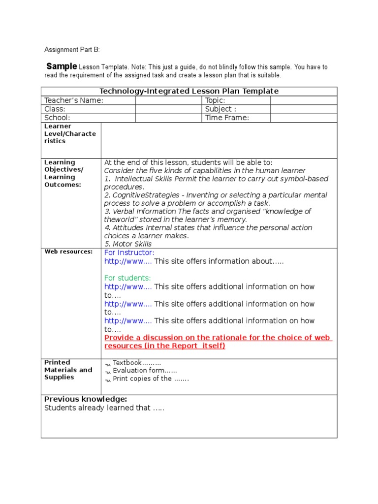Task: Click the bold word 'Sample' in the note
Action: pos(62,66)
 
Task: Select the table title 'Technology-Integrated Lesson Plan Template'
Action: pos(189,91)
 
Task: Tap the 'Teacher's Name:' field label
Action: pos(74,100)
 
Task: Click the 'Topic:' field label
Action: pos(215,100)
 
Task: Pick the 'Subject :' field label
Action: pos(220,109)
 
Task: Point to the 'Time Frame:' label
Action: pos(227,118)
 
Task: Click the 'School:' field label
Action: pos(58,118)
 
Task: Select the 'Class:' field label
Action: pos(55,109)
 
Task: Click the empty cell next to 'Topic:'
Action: pos(303,100)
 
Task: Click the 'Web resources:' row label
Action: pos(68,252)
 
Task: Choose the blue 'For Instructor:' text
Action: pos(129,252)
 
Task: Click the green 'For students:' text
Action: pos(127,278)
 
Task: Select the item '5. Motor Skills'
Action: pos(127,244)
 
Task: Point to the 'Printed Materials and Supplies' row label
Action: pos(68,370)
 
